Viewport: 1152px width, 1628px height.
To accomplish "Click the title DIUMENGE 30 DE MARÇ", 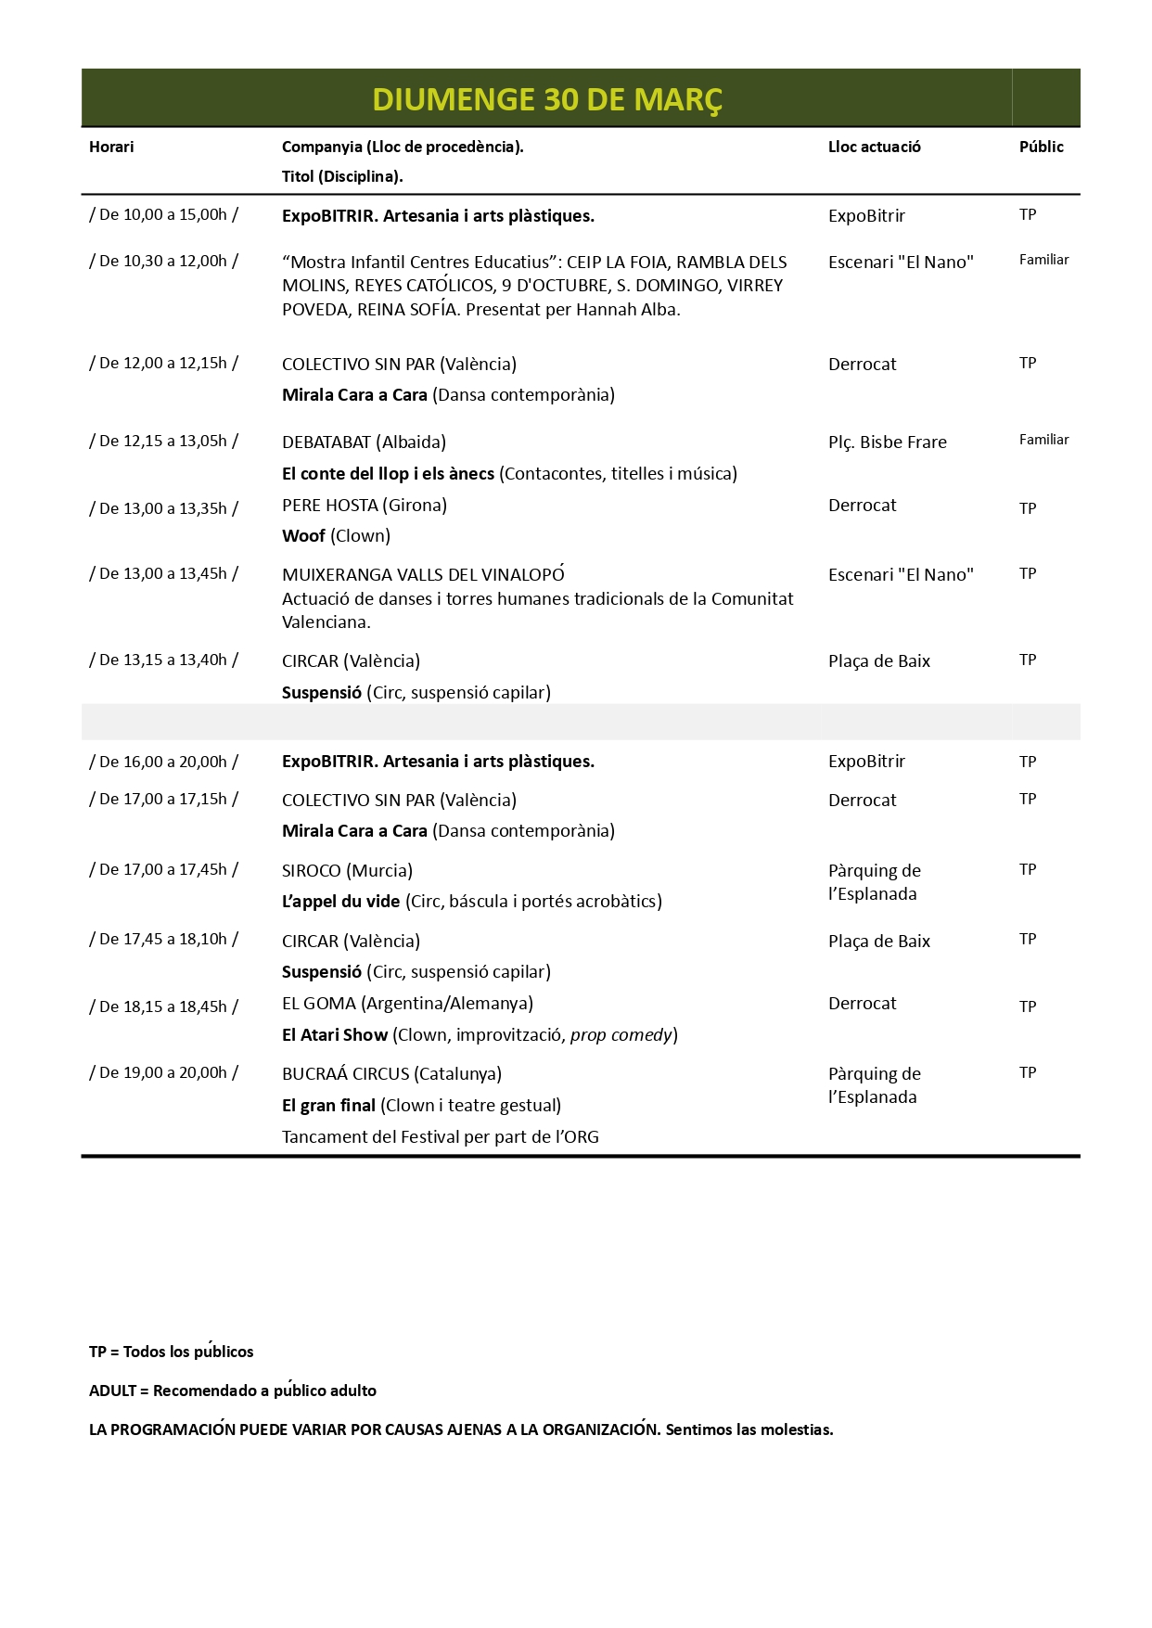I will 547,99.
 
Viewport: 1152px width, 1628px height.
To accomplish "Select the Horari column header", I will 111,147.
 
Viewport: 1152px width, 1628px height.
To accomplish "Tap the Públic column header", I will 1041,147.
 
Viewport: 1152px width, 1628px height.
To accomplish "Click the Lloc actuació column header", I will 874,147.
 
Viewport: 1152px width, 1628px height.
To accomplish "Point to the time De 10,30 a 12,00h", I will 163,262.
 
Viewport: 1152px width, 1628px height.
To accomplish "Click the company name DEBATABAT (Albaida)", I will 364,442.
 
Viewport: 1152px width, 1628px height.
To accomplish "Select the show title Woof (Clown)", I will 336,536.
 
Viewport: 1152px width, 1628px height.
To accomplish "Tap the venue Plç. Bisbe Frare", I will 887,442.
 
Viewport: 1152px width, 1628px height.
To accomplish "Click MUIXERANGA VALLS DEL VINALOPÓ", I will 423,575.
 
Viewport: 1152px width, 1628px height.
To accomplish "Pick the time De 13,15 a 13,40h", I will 163,660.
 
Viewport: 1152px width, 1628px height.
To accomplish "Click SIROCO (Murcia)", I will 347,871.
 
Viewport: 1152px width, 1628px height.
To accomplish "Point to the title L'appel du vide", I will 340,902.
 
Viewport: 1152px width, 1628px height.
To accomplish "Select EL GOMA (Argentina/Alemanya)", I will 407,1004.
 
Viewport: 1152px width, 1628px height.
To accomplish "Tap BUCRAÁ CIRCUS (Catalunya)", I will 391,1074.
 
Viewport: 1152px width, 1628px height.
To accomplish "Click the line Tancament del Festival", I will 440,1137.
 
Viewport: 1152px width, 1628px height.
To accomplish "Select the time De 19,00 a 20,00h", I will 163,1073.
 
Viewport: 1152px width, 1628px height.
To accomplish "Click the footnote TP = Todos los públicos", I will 171,1352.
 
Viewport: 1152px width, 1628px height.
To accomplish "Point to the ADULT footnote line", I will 232,1391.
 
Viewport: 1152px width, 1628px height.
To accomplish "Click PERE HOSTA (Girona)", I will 364,506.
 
